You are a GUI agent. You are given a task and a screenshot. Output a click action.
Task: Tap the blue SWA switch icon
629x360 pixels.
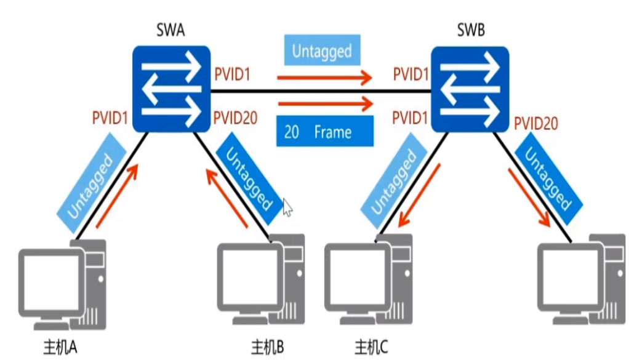(172, 90)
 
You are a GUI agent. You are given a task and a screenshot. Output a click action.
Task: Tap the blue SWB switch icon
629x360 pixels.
(471, 90)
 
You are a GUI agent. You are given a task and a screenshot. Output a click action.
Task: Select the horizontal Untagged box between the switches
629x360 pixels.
(322, 51)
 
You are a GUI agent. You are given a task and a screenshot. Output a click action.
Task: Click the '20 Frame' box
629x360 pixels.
(325, 132)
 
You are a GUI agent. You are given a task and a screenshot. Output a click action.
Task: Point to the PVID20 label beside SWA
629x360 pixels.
(236, 118)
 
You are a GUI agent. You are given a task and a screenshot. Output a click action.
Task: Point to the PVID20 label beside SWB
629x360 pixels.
(536, 123)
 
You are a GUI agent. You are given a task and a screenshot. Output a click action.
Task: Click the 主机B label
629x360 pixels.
(267, 347)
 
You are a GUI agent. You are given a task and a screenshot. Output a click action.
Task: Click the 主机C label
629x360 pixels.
(372, 347)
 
